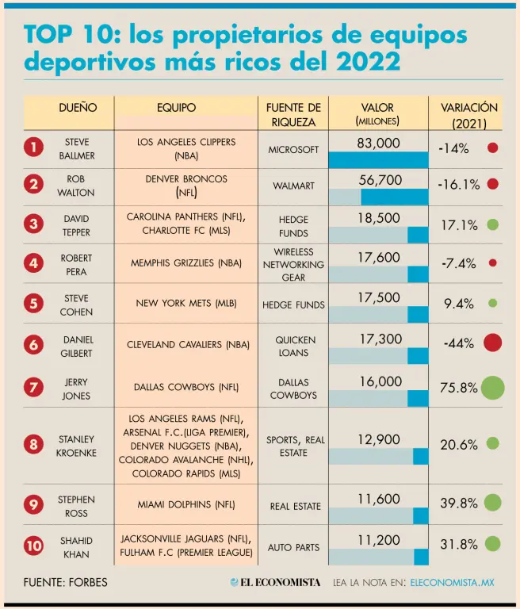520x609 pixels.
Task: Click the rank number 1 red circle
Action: pos(33,147)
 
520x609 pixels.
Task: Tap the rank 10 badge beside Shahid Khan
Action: pos(33,546)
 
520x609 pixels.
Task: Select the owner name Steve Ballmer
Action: pos(77,149)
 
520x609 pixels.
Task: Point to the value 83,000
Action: pos(378,143)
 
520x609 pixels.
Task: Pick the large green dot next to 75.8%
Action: pos(493,388)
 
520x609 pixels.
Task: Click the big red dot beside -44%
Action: pos(493,343)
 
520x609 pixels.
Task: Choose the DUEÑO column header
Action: pos(78,108)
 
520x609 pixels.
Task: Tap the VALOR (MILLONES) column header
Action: pos(377,114)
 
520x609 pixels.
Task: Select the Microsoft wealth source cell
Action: pos(293,150)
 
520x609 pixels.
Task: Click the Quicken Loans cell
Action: pos(295,346)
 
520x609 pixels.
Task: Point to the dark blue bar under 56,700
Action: pos(395,197)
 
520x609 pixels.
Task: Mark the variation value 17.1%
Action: pos(459,225)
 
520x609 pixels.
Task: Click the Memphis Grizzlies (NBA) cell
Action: pos(186,263)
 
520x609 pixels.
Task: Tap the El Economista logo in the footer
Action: pos(275,582)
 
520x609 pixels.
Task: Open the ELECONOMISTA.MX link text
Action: pos(452,582)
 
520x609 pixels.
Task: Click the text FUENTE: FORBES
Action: pos(65,582)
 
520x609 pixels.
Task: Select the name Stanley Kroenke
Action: pos(76,446)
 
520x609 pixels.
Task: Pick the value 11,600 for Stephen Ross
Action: pos(379,499)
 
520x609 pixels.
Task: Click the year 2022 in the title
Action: pos(368,61)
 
